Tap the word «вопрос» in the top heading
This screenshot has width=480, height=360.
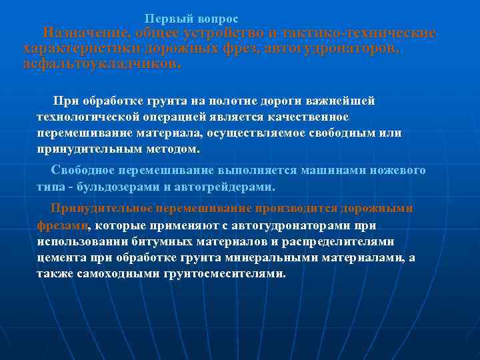[x=214, y=19]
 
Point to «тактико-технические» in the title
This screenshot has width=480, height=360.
[x=359, y=33]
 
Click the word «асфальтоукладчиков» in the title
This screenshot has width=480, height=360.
[x=101, y=64]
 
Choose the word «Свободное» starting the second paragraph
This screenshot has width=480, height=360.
[x=83, y=170]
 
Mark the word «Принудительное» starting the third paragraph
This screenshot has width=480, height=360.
[x=96, y=208]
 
